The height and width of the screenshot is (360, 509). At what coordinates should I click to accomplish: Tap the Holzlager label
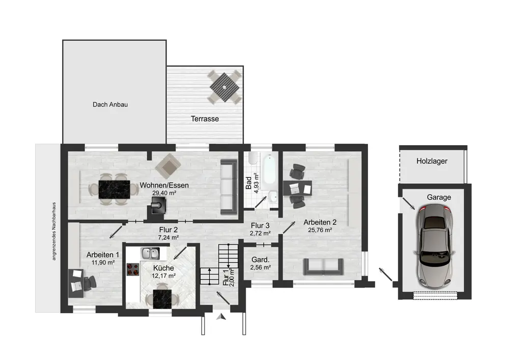click(x=432, y=161)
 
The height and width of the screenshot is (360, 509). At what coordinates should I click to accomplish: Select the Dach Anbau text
click(x=110, y=104)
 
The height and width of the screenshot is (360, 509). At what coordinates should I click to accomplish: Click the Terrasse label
click(x=205, y=119)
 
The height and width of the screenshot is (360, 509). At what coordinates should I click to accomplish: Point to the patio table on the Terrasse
click(x=224, y=87)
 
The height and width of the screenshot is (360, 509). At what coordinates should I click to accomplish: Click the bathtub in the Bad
click(x=269, y=172)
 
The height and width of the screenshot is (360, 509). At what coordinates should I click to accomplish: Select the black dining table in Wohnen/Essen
click(x=114, y=189)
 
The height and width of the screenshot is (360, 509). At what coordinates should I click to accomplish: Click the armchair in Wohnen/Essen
click(x=168, y=166)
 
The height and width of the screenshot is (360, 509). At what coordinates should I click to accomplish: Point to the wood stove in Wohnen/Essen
click(x=159, y=206)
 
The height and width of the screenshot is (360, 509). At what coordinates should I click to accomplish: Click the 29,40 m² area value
click(x=164, y=193)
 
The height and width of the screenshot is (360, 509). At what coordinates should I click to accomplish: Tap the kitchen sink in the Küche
click(x=150, y=254)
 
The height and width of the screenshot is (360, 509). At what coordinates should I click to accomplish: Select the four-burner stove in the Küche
click(x=133, y=269)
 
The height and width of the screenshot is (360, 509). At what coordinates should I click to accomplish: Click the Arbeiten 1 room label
click(x=103, y=255)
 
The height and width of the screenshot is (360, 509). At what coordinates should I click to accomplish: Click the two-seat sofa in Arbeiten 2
click(x=324, y=266)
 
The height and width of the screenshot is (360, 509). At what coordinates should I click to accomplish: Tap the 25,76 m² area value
click(x=320, y=230)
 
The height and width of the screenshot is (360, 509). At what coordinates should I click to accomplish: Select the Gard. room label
click(x=260, y=260)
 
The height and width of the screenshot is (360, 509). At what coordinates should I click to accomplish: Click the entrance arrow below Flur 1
click(x=221, y=317)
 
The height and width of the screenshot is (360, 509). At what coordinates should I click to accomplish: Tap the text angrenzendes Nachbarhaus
click(x=54, y=231)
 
